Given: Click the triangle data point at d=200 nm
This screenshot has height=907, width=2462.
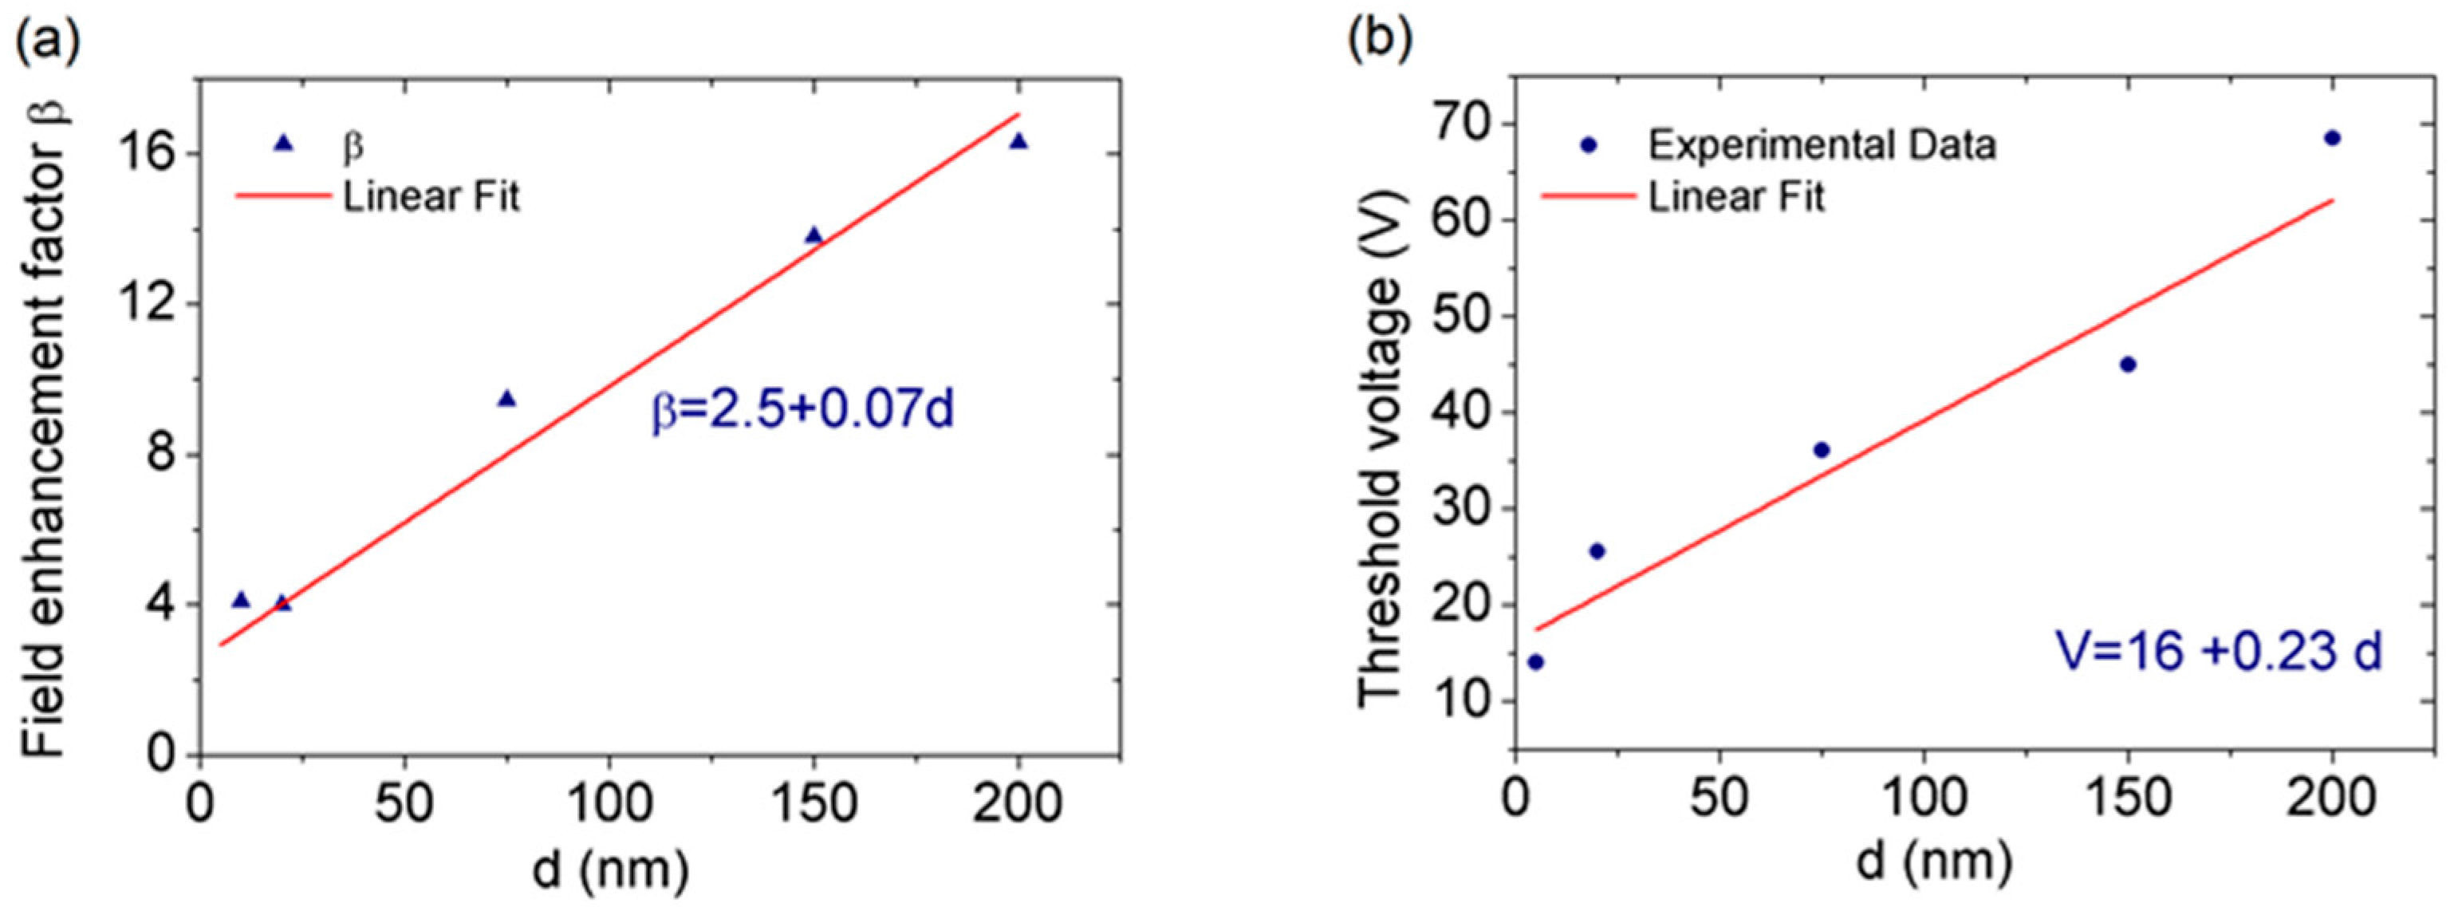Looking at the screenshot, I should point(1018,141).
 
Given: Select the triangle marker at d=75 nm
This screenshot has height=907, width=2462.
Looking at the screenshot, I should point(506,399).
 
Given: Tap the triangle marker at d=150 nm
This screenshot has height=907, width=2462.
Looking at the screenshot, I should point(813,235).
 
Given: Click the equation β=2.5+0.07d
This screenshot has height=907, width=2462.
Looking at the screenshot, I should point(803,411).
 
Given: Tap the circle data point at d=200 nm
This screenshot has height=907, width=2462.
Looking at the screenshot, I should point(2332,138).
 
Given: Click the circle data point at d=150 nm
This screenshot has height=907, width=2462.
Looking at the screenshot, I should point(2128,364).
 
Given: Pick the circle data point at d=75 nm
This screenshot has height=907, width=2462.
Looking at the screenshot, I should point(1822,450).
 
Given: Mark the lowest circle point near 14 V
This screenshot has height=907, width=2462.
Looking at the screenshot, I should point(1536,661).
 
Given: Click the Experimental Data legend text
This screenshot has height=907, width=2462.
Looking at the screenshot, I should point(1822,145).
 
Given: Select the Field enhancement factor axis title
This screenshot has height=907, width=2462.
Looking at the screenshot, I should point(43,430).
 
